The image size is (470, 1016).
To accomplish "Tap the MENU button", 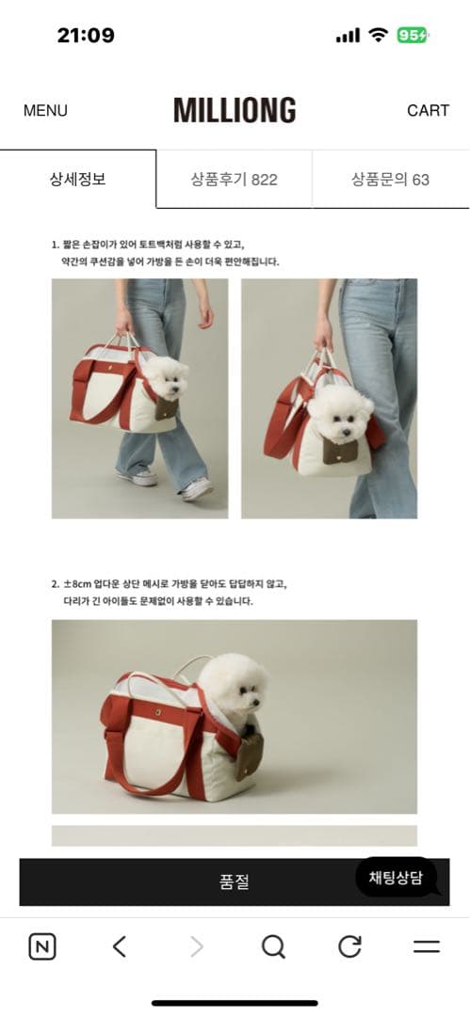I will click(45, 110).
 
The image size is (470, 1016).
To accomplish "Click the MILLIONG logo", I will click(235, 110).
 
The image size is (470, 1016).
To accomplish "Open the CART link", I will click(428, 110).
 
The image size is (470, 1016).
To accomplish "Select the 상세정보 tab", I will click(77, 179).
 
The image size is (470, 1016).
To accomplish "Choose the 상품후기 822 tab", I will click(234, 179).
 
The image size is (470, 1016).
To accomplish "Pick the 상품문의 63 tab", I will click(390, 179).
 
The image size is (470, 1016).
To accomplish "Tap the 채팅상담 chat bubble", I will click(396, 878).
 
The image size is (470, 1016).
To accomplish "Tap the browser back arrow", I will click(119, 946).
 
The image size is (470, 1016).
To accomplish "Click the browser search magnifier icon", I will click(273, 946).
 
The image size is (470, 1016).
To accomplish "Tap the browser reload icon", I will click(349, 946).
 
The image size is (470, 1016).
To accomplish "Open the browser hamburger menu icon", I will click(427, 946).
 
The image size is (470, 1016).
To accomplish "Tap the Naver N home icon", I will click(42, 946).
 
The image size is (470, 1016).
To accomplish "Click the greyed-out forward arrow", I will click(196, 946).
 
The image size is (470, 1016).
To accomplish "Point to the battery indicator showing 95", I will click(412, 36).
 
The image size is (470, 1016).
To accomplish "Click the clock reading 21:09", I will click(86, 36).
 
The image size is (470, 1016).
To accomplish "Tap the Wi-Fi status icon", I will click(379, 36).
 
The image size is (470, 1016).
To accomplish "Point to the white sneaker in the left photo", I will click(197, 488).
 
